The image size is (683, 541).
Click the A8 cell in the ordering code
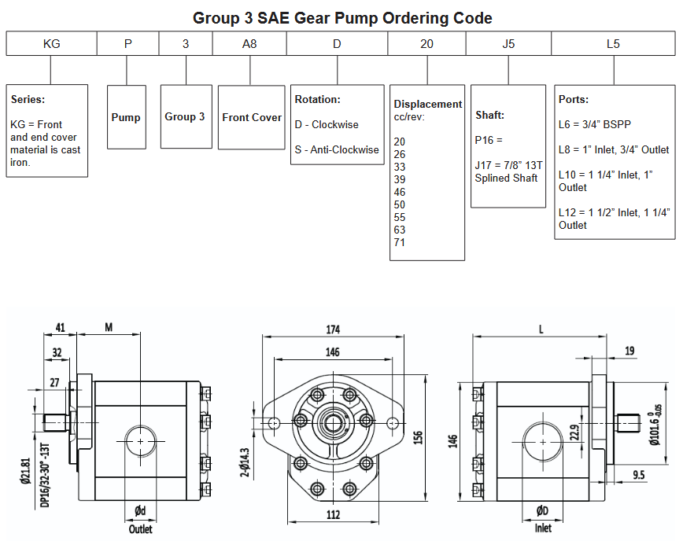tap(249, 44)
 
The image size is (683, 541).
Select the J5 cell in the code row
tap(508, 44)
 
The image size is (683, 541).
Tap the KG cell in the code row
tap(51, 44)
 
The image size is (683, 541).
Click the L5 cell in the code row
tap(613, 44)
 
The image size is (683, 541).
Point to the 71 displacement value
tap(400, 242)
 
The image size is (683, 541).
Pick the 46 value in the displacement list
tap(400, 192)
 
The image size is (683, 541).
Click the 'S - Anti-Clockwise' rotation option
tap(337, 149)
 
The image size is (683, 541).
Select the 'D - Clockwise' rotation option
tap(326, 124)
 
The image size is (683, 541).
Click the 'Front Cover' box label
tap(251, 117)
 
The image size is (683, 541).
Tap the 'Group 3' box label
tap(185, 116)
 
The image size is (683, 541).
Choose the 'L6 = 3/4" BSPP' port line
tap(595, 124)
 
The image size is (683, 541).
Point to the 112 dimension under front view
tap(333, 515)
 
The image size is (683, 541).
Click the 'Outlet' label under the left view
tap(141, 529)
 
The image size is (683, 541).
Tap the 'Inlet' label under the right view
tap(543, 529)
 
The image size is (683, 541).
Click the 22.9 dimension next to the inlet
tap(574, 433)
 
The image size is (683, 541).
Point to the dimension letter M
tap(109, 327)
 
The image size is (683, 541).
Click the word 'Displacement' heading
tap(428, 104)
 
